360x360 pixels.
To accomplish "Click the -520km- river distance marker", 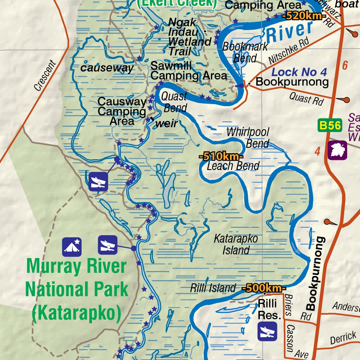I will (x=304, y=16).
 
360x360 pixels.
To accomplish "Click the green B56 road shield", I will (x=330, y=125).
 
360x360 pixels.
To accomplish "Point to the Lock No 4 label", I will (x=299, y=72).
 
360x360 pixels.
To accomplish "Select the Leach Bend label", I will (x=233, y=166).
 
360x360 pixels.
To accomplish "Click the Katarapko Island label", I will (x=236, y=244).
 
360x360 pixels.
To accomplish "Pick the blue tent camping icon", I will (x=72, y=246).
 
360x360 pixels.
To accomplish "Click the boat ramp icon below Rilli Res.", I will (x=267, y=332).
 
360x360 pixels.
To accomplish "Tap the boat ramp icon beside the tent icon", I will (x=108, y=245).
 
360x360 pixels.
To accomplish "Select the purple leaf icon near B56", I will (x=337, y=150).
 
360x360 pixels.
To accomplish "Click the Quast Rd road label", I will (x=306, y=99).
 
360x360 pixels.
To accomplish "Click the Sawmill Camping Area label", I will (x=188, y=71).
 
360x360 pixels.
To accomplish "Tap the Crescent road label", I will (x=45, y=76).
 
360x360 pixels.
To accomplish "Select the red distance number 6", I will (x=345, y=65).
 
